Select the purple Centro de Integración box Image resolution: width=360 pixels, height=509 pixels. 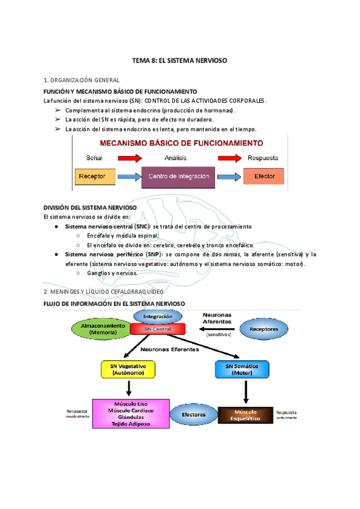(178, 176)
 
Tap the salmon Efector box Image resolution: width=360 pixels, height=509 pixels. (264, 176)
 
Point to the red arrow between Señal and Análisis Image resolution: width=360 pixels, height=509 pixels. (129, 158)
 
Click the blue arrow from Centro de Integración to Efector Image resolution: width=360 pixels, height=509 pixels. (229, 176)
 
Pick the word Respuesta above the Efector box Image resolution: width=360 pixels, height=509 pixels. (263, 158)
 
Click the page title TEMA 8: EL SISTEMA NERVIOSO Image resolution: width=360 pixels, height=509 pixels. (180, 61)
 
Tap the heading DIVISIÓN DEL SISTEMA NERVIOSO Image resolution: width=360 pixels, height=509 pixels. (91, 207)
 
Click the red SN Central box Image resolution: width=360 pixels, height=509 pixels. (158, 330)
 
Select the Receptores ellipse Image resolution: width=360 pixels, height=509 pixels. (264, 329)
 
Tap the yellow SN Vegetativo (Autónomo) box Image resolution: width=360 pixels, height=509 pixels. (128, 369)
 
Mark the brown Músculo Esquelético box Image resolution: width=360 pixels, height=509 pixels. (245, 415)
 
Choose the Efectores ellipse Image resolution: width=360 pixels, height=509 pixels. (194, 414)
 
